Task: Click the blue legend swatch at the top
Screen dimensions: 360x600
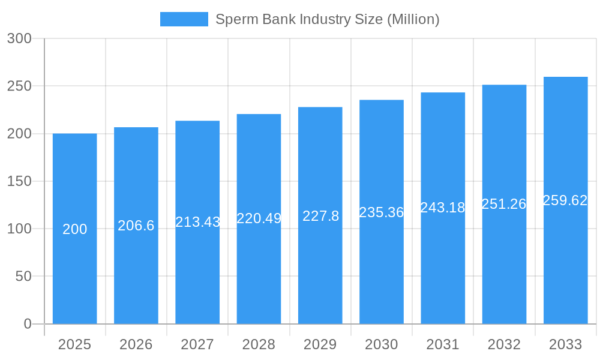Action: tap(184, 19)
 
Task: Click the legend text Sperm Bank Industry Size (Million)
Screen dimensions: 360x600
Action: tap(327, 19)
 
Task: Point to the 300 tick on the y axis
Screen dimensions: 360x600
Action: tap(19, 38)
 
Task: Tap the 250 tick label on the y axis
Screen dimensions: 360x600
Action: tap(19, 86)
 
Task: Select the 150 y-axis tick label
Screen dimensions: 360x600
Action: tap(19, 181)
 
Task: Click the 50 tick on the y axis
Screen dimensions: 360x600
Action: tap(23, 276)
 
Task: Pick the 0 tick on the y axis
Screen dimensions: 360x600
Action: tap(28, 324)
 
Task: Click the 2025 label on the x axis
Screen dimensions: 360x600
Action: tap(74, 344)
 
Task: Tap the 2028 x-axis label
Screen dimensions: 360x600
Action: tap(259, 344)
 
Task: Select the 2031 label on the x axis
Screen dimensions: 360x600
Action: tap(443, 344)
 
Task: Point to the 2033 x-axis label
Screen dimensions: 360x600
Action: tap(566, 344)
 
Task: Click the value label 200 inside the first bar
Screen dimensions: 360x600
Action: tap(75, 229)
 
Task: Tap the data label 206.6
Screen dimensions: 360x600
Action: tap(136, 226)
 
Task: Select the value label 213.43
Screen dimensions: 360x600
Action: tap(198, 222)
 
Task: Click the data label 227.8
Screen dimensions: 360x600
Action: tap(320, 216)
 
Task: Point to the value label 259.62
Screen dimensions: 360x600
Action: tap(565, 200)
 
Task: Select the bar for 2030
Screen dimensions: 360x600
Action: tap(382, 270)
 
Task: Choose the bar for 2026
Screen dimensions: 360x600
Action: tap(136, 276)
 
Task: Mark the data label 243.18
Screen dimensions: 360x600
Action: tap(443, 208)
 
